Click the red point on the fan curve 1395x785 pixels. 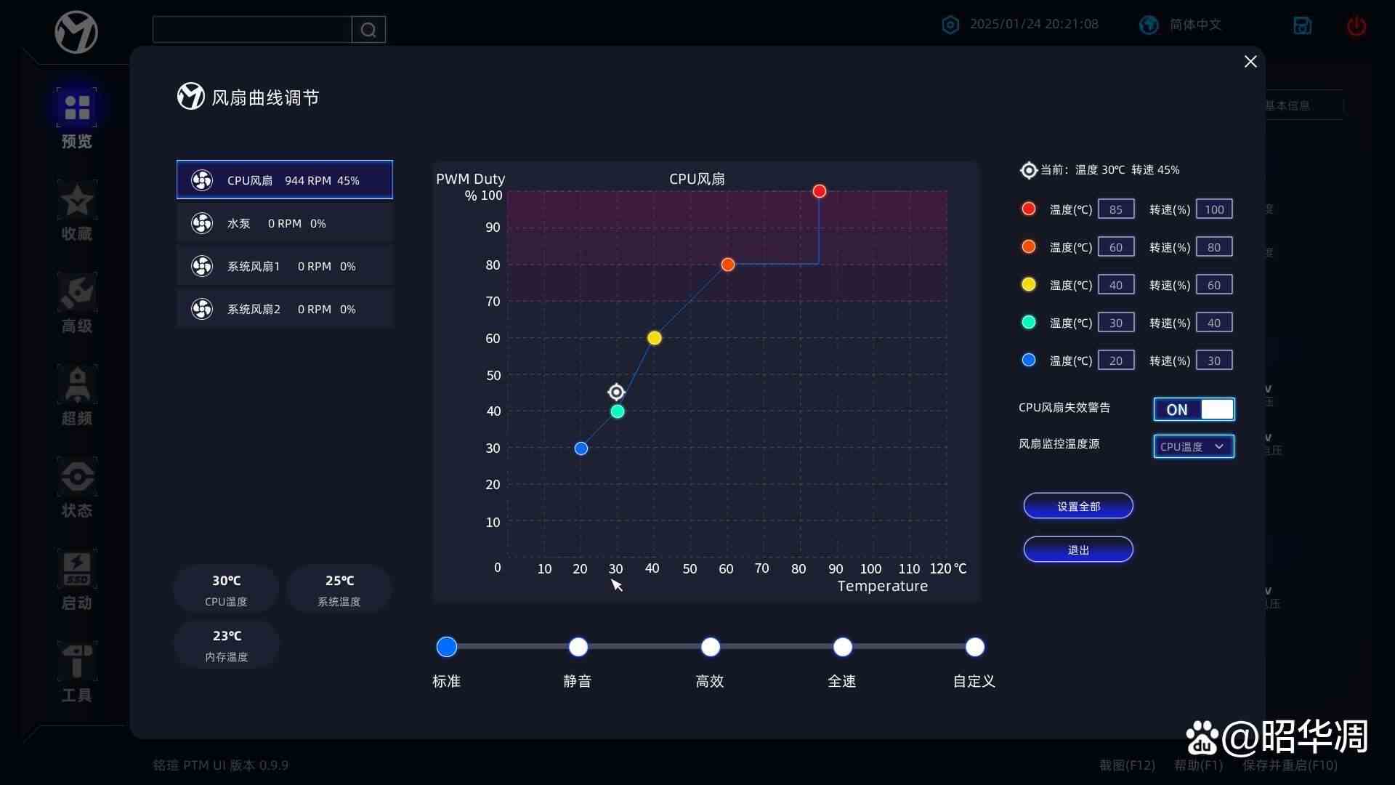click(819, 191)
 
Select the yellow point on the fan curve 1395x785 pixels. click(654, 338)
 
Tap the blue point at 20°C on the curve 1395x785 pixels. click(581, 448)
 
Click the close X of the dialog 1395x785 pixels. click(1250, 62)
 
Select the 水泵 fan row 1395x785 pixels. click(285, 223)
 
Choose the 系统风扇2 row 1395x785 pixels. click(285, 309)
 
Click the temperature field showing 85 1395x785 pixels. click(1115, 209)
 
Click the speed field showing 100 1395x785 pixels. click(1213, 209)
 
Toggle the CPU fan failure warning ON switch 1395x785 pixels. click(1193, 409)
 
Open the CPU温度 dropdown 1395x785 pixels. click(1193, 446)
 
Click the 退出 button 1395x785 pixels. click(1077, 549)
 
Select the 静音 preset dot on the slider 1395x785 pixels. click(578, 647)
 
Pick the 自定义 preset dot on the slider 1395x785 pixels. click(974, 647)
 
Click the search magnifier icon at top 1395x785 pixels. click(368, 30)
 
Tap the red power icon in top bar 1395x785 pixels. click(1356, 26)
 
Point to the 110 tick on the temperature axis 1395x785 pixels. click(908, 568)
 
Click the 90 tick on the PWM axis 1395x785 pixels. click(493, 228)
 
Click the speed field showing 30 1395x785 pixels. click(1213, 361)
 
